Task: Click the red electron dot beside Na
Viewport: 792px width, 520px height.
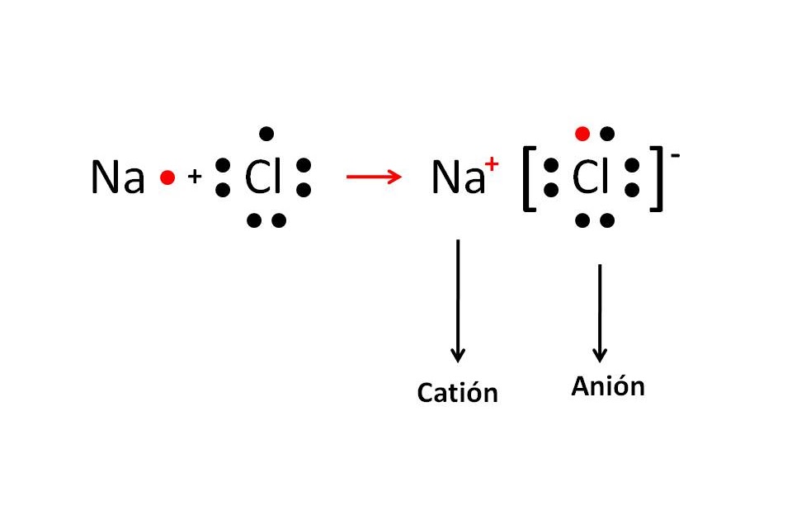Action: click(167, 177)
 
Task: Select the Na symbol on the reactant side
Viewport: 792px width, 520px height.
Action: click(117, 178)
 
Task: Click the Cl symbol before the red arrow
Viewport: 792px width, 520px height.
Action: click(263, 178)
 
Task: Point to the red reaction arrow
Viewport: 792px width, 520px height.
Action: click(373, 177)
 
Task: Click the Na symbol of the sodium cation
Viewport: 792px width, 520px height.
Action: click(457, 178)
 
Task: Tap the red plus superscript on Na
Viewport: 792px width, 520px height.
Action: click(493, 164)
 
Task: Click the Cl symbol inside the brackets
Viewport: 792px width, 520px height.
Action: click(591, 178)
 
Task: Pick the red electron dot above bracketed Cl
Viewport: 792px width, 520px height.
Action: click(582, 133)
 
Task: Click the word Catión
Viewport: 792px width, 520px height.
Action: click(457, 392)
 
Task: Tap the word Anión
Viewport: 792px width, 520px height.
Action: click(607, 386)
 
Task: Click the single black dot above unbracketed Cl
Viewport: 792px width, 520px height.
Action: click(266, 133)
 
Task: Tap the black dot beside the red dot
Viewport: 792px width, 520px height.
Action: click(607, 133)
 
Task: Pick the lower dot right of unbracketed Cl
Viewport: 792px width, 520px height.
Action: click(304, 191)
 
